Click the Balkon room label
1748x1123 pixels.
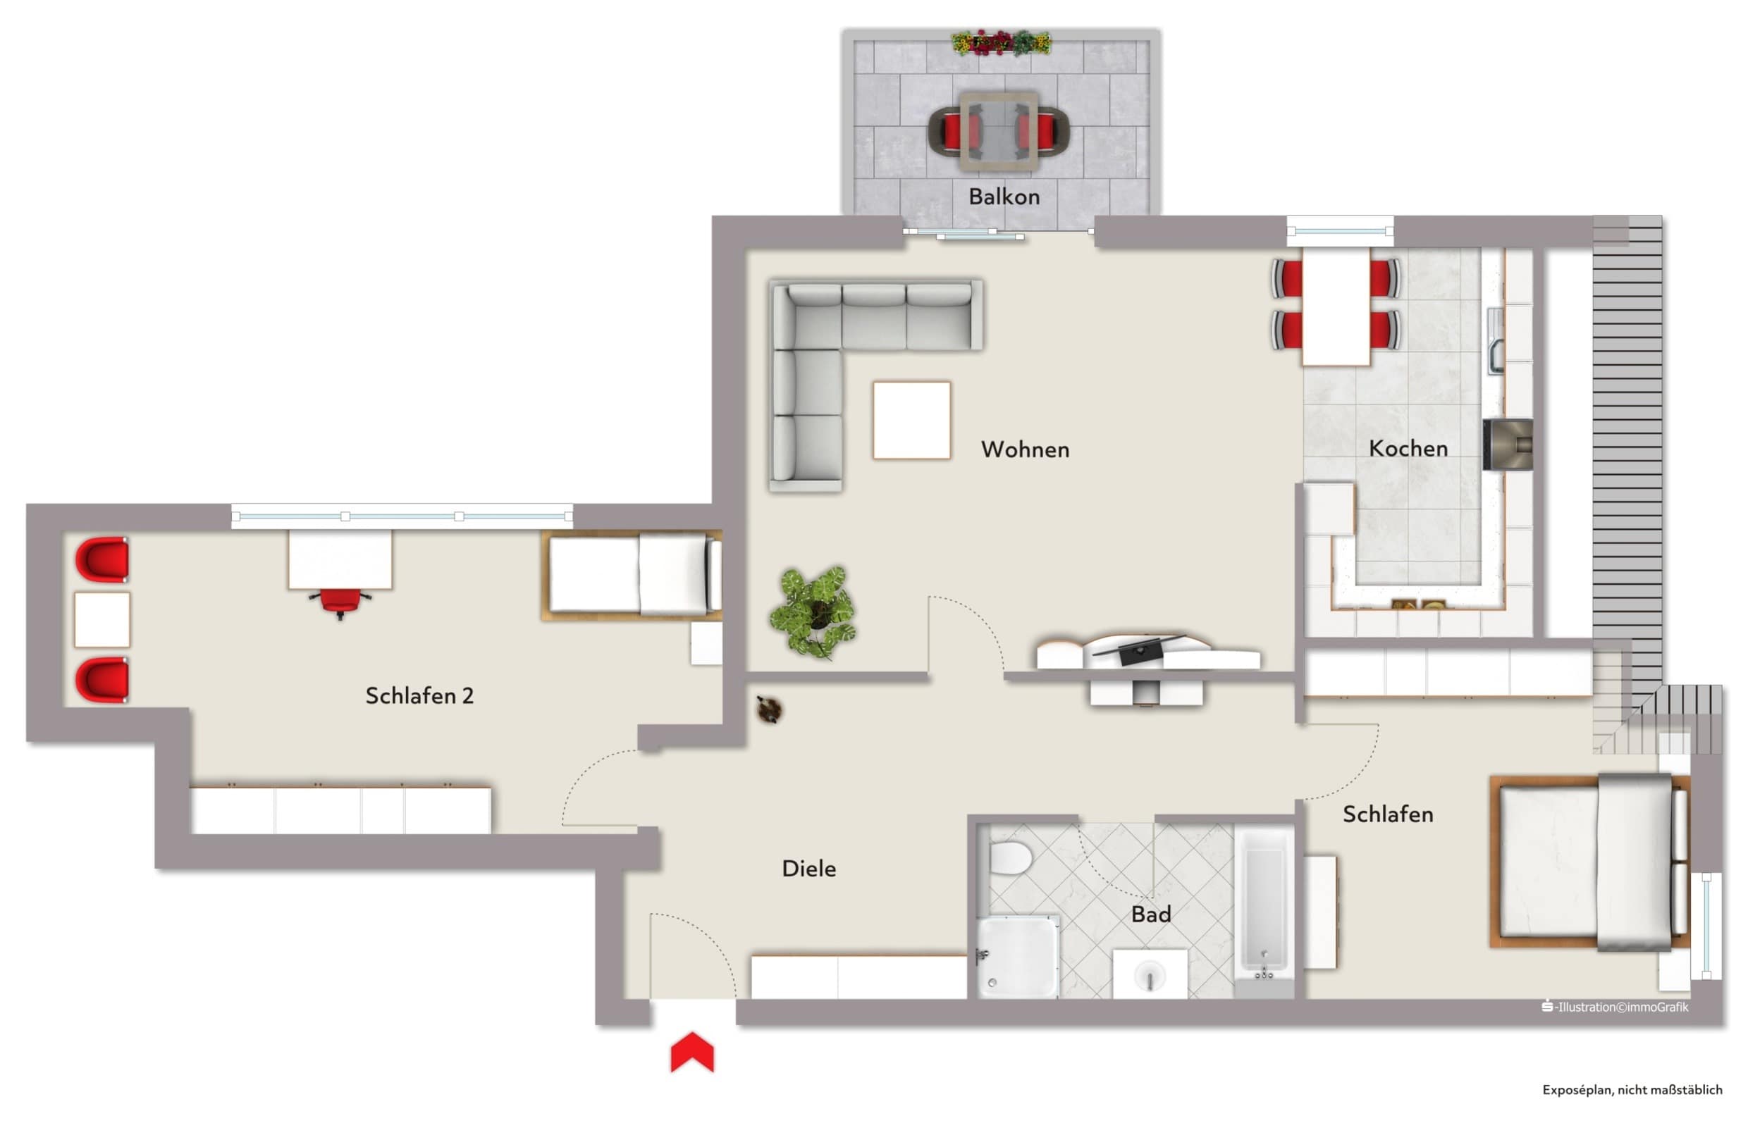(1004, 197)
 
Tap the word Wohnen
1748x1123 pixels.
(1025, 449)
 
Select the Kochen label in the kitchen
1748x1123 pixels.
(1408, 449)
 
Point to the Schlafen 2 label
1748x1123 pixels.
(419, 695)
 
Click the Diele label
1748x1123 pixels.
(808, 869)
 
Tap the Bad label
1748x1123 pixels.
(1150, 914)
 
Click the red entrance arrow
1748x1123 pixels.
(691, 1052)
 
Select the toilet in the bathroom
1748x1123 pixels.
(1010, 857)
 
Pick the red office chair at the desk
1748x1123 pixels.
(340, 602)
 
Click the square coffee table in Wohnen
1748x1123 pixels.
(911, 420)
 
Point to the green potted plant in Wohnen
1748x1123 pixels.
(813, 611)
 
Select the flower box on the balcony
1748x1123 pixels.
(1001, 42)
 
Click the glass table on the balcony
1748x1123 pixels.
(999, 132)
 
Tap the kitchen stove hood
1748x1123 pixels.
(1508, 444)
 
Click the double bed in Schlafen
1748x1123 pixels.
(1589, 862)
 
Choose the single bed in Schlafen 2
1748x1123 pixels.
(632, 575)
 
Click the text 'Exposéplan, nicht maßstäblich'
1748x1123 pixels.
(1632, 1089)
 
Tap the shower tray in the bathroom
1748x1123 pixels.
(1018, 957)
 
